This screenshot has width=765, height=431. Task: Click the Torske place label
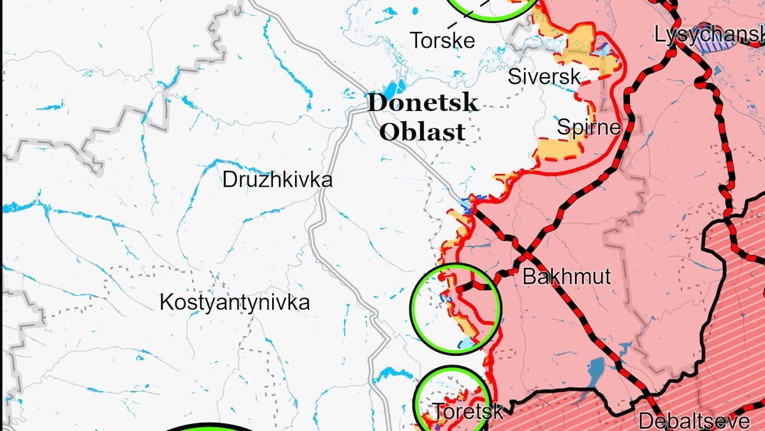443,40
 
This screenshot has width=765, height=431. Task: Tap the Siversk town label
544,77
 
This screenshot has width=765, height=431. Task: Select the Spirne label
588,127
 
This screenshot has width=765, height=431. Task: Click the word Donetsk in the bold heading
422,103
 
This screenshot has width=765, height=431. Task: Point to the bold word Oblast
422,132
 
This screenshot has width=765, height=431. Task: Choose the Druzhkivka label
277,180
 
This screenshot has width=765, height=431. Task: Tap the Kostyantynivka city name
235,302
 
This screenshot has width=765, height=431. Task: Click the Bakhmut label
566,277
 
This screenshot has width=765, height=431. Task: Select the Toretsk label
468,411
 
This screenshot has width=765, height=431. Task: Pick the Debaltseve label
694,421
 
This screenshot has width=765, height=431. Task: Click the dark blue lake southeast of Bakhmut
596,369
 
